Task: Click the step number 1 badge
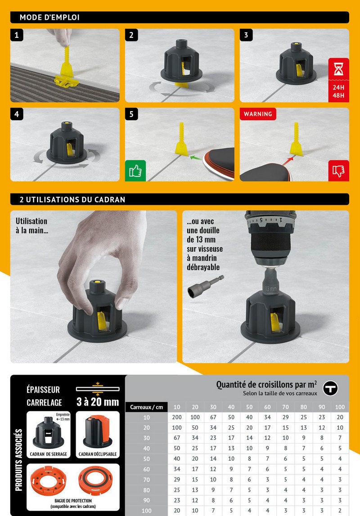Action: click(x=17, y=35)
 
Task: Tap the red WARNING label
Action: click(x=258, y=114)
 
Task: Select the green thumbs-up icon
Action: click(x=135, y=171)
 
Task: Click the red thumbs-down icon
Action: click(x=339, y=171)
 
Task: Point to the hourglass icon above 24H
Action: click(x=339, y=69)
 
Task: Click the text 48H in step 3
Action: click(x=339, y=95)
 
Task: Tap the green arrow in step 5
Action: click(x=196, y=158)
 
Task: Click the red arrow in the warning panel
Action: click(x=288, y=161)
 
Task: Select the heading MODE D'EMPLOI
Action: click(x=49, y=18)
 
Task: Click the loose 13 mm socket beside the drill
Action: click(x=206, y=286)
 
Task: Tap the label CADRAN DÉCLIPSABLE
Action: click(x=98, y=454)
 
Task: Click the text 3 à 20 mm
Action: click(x=98, y=402)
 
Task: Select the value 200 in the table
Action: click(x=177, y=417)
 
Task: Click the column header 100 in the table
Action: click(x=340, y=407)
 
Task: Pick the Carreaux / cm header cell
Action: click(x=146, y=407)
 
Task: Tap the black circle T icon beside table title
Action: click(x=330, y=388)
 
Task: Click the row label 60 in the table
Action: click(x=147, y=469)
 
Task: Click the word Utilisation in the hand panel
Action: click(x=31, y=221)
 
